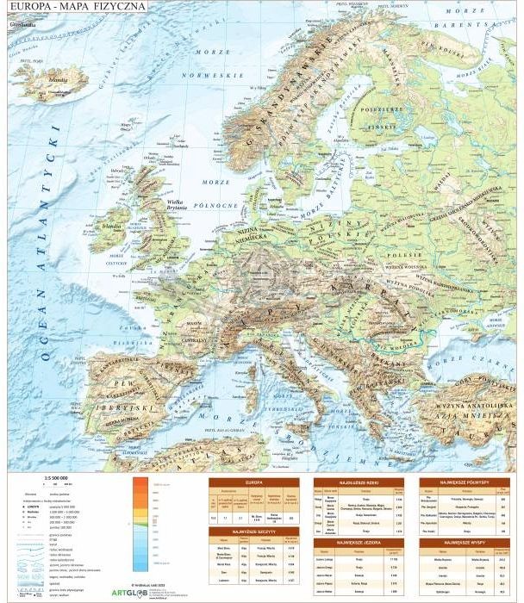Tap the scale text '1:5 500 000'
tap(55, 477)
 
